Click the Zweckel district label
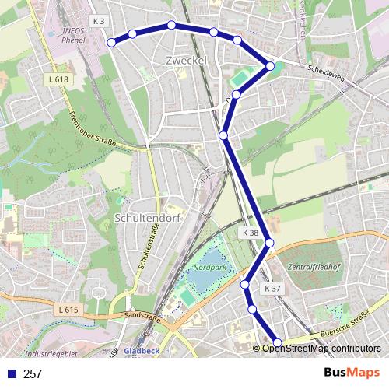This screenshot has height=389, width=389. click(184, 60)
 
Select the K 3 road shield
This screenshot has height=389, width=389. click(97, 20)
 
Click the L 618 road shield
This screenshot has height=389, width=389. click(58, 79)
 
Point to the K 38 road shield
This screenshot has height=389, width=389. click(250, 233)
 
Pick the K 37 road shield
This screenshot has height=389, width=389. click(272, 288)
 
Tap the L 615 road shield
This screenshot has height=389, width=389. click(68, 310)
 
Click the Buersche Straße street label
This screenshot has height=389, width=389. click(342, 327)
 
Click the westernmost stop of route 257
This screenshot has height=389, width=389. click(111, 42)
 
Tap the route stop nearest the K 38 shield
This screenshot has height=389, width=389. click(270, 243)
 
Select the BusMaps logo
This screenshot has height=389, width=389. click(351, 373)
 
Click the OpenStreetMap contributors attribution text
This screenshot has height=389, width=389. click(321, 349)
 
